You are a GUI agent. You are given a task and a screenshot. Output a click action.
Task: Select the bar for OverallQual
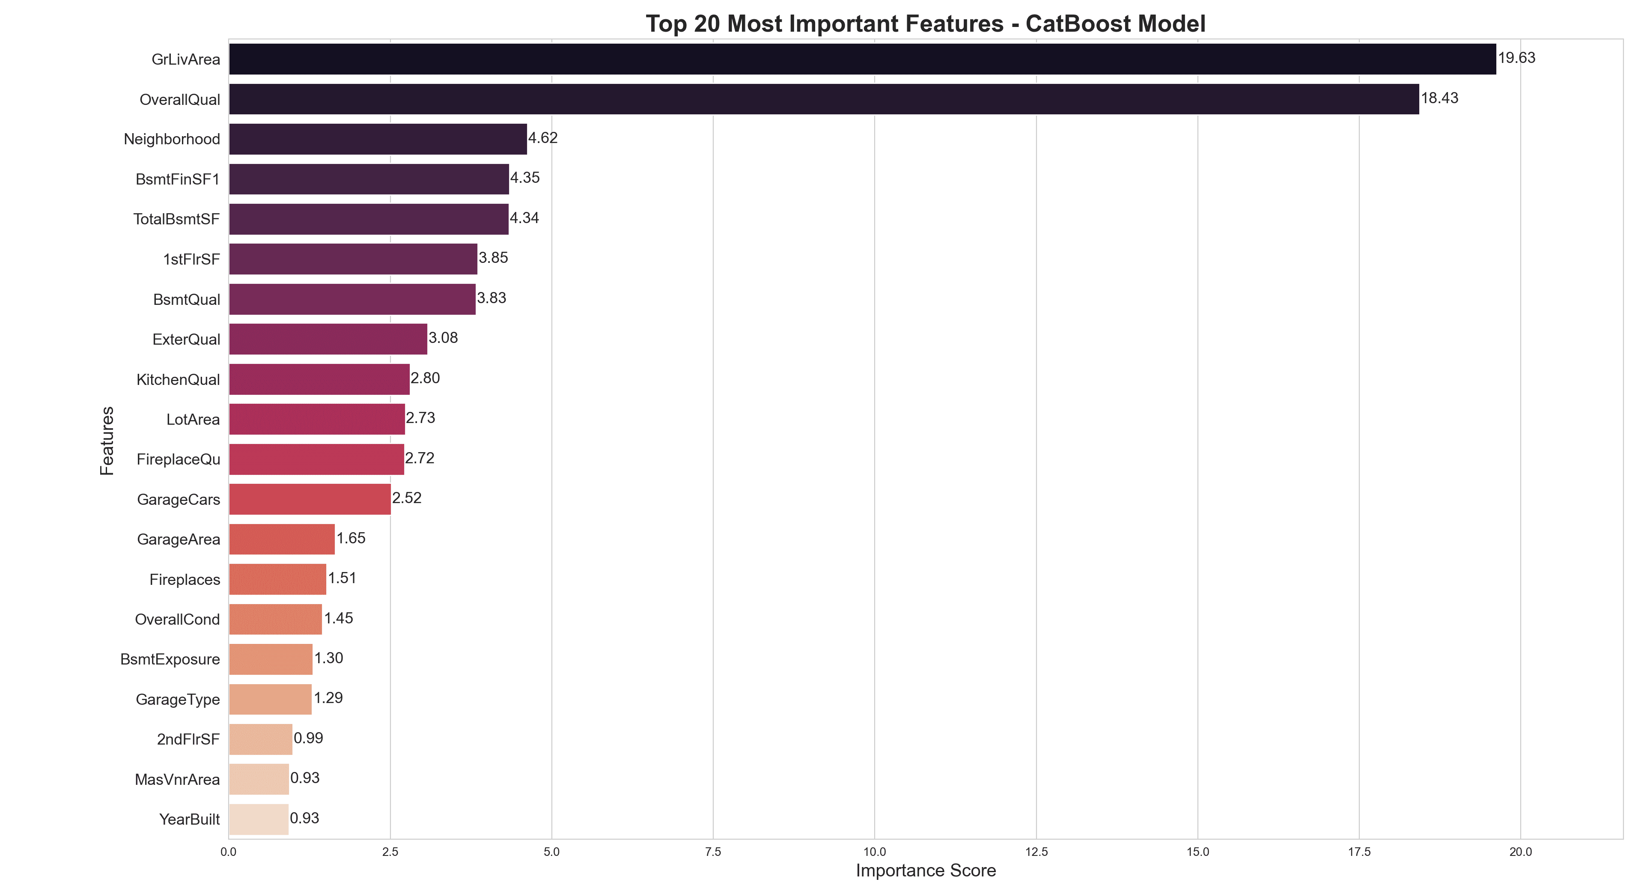[823, 99]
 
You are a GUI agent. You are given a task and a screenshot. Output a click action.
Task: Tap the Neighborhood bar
[378, 139]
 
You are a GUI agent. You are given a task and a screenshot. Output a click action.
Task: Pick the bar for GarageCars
[310, 499]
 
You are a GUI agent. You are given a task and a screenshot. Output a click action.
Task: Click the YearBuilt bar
[259, 819]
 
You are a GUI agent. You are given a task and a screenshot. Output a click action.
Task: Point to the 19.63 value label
[1516, 58]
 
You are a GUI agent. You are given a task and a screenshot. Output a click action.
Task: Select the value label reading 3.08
[443, 338]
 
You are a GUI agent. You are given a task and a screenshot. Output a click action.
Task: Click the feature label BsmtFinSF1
[177, 179]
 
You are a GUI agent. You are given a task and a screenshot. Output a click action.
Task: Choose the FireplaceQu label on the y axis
[178, 459]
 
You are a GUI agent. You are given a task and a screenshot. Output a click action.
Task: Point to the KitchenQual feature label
[178, 380]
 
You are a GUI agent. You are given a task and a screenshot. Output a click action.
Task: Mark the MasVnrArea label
[177, 780]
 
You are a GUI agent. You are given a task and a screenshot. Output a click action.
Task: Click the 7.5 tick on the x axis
[713, 852]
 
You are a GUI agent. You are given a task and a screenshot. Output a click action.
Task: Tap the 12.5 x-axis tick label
[1036, 852]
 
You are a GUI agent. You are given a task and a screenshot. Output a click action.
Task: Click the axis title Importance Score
[925, 871]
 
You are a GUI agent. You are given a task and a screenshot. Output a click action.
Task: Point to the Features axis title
[107, 440]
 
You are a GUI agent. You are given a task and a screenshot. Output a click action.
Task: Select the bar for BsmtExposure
[271, 659]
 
